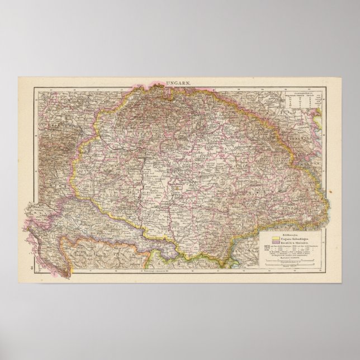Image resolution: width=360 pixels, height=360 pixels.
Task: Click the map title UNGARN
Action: click(180, 83)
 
